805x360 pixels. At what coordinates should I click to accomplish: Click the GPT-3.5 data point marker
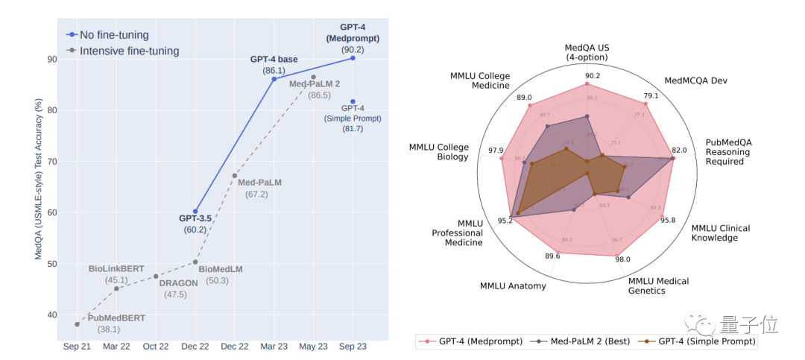pos(195,211)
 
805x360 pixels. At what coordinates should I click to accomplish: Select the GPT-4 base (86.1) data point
pos(274,78)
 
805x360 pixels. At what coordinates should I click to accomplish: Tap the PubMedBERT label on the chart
pos(116,318)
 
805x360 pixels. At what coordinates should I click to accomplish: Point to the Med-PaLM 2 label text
pos(315,83)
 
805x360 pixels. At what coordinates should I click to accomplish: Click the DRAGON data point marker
pos(156,276)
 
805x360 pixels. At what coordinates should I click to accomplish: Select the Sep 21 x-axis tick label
pos(77,347)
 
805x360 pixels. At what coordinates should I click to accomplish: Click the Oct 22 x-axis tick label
pos(156,347)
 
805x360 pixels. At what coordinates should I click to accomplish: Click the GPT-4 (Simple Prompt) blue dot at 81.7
pos(353,101)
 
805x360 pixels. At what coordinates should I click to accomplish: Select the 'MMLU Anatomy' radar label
pos(513,285)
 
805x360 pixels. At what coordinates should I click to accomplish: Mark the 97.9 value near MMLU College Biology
pos(496,151)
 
